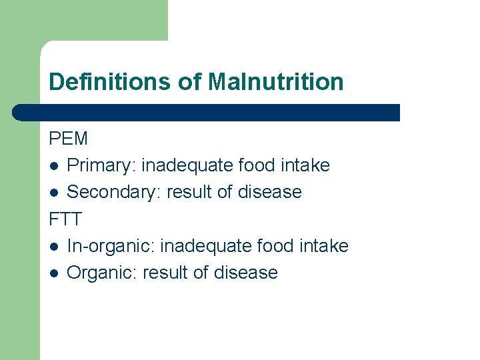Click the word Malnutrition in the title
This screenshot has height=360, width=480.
click(276, 82)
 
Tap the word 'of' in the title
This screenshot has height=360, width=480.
click(190, 82)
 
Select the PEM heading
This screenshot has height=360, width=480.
click(68, 139)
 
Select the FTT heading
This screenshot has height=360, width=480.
click(65, 219)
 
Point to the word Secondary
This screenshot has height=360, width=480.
click(114, 192)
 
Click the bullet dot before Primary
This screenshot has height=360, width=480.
click(53, 166)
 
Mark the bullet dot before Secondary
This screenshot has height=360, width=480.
click(53, 193)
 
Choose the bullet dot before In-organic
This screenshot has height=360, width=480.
click(53, 247)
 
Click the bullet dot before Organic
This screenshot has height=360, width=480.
click(53, 273)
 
